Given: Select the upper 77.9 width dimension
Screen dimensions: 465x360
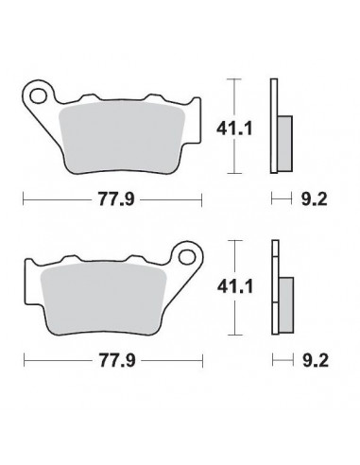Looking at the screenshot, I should (x=111, y=200).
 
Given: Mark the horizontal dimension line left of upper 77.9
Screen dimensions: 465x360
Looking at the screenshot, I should (x=52, y=200).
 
